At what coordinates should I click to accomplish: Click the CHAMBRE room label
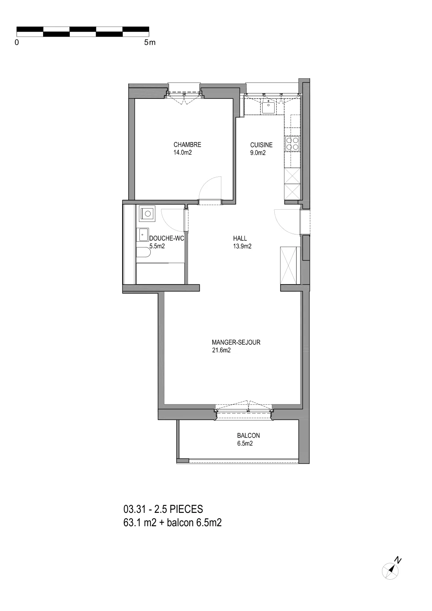[x=187, y=145]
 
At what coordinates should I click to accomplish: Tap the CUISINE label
[x=261, y=145]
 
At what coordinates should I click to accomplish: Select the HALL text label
[x=240, y=238]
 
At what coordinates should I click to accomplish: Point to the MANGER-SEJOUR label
[x=236, y=342]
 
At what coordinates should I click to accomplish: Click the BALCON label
[x=248, y=436]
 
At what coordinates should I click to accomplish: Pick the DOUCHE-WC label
[x=166, y=238]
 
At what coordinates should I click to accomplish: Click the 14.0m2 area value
[x=183, y=152]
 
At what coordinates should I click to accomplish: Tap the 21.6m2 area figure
[x=221, y=350]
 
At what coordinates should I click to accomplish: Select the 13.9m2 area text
[x=242, y=246]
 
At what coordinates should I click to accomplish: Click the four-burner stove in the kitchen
[x=292, y=144]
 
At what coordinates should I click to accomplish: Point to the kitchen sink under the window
[x=269, y=106]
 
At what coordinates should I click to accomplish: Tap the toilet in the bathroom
[x=143, y=252]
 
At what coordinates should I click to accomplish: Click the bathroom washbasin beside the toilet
[x=142, y=234]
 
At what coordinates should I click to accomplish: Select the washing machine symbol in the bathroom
[x=147, y=213]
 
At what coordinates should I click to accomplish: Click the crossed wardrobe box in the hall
[x=289, y=265]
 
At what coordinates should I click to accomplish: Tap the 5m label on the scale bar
[x=150, y=42]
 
